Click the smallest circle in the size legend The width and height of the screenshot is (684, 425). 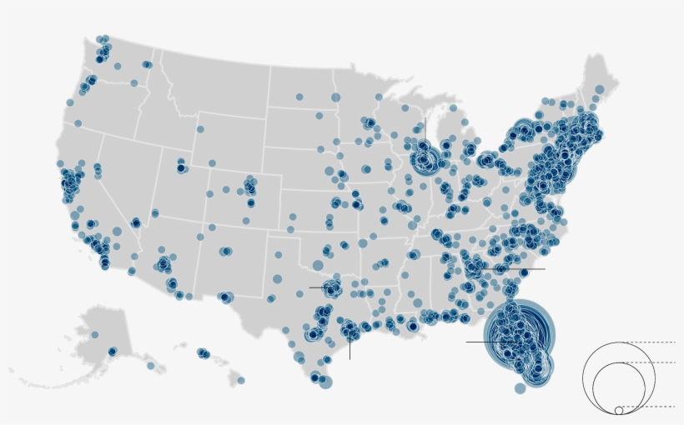[x=618, y=410]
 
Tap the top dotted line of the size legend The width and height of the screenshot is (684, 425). [x=651, y=342]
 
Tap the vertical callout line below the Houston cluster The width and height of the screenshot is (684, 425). [x=350, y=348]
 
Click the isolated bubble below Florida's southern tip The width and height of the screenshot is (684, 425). [x=521, y=388]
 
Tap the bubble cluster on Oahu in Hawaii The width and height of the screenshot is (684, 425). [x=203, y=353]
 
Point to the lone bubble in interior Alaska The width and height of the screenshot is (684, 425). [x=94, y=334]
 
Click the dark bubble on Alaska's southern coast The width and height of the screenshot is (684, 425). [x=112, y=352]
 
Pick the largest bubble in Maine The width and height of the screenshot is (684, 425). [x=599, y=90]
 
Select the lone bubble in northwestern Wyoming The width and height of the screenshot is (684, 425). [x=199, y=129]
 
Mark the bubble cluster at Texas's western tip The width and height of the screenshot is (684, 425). [x=225, y=297]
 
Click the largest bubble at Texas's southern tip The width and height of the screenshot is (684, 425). [x=325, y=382]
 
